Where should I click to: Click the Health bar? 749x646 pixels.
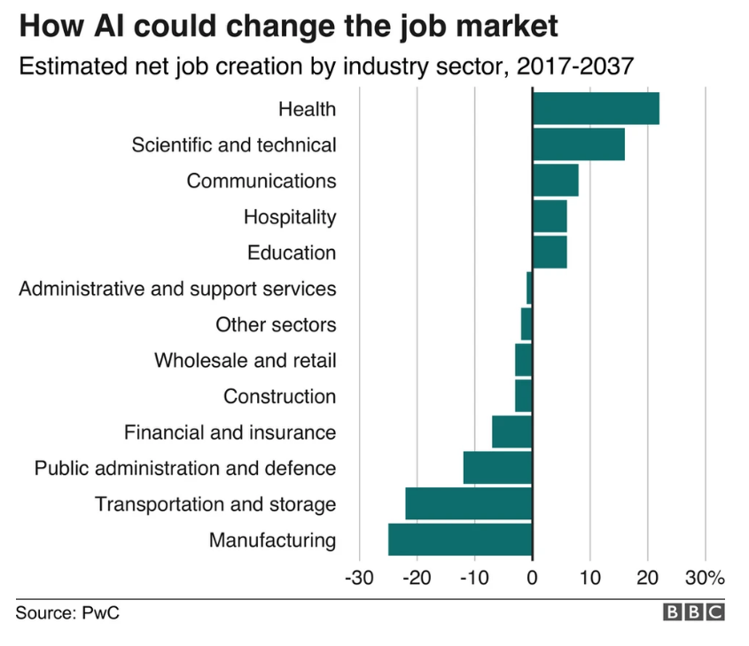(596, 108)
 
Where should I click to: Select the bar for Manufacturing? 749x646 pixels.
(460, 540)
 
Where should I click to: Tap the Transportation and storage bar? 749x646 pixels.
(469, 504)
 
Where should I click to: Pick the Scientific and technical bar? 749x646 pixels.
(578, 144)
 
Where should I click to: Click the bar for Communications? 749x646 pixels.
(555, 180)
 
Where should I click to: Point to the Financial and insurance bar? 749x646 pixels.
(512, 432)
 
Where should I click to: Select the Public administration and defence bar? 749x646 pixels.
(497, 468)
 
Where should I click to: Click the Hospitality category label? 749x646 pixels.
(290, 216)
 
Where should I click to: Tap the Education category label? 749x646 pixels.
(292, 253)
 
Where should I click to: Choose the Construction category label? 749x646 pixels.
(279, 396)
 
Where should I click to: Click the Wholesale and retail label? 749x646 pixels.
(245, 361)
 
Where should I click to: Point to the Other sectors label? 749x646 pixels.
(276, 324)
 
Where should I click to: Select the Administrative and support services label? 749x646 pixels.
(177, 289)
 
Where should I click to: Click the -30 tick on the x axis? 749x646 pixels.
(358, 579)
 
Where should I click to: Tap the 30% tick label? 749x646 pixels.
(705, 579)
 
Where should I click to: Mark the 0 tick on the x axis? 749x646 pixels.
(532, 579)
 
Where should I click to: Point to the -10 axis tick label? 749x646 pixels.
(473, 579)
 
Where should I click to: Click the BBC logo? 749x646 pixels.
(694, 612)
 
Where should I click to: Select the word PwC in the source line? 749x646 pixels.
(100, 613)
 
